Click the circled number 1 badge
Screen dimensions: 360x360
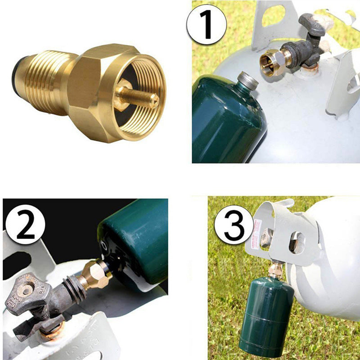[207, 25]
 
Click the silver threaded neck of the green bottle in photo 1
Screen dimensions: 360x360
[247, 81]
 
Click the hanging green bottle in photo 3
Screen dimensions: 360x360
[265, 315]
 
